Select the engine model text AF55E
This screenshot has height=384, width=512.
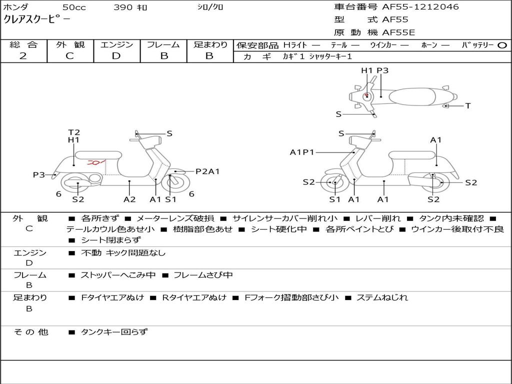398,32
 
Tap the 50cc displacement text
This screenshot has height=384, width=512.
73,7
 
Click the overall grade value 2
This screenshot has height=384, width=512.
23,56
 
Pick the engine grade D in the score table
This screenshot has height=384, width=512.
116,56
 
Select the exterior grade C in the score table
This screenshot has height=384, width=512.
69,56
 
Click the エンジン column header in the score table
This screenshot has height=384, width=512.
116,44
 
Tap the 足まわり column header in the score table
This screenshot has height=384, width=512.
210,44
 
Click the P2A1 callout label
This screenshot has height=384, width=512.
207,171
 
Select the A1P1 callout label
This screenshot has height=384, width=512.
301,152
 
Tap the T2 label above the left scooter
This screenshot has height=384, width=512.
74,132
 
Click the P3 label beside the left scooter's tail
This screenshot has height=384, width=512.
39,175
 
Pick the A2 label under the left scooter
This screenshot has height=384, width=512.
129,199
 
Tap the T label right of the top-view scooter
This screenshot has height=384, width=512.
468,106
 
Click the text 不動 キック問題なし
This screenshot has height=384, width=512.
123,253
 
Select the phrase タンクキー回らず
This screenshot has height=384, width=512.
114,331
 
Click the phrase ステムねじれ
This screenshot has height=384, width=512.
382,297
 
